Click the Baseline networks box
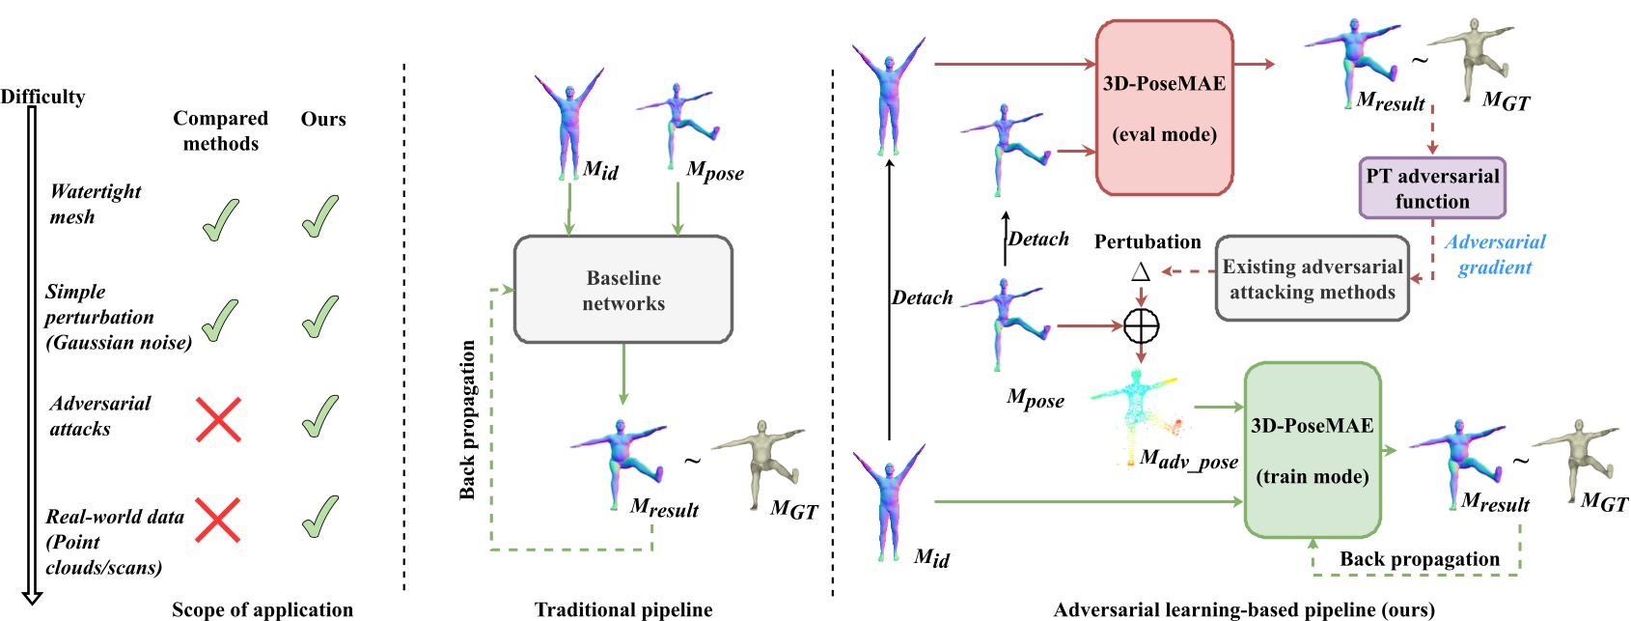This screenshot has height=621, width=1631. [623, 290]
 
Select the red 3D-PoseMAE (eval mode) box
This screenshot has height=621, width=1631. [1164, 108]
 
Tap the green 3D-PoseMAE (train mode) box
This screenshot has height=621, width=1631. [1312, 450]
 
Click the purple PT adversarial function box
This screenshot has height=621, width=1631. [1431, 188]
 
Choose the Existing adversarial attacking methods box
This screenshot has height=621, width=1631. [1312, 279]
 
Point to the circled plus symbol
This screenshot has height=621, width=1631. [1142, 326]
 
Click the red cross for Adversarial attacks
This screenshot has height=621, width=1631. [219, 419]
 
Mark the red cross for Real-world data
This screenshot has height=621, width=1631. [219, 520]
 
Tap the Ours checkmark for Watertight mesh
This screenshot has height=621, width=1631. [320, 216]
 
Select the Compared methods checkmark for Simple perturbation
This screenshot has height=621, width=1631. [221, 320]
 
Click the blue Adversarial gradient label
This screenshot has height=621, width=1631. [1494, 254]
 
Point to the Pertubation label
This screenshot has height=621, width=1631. [1147, 241]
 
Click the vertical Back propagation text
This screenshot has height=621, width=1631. [468, 419]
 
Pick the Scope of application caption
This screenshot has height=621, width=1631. [263, 609]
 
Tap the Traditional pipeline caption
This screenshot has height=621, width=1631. [623, 609]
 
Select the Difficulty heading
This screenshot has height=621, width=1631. [42, 97]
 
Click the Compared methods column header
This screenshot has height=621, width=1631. [221, 130]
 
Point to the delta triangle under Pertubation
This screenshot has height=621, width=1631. [1141, 270]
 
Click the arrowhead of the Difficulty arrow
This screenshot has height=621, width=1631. [32, 598]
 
